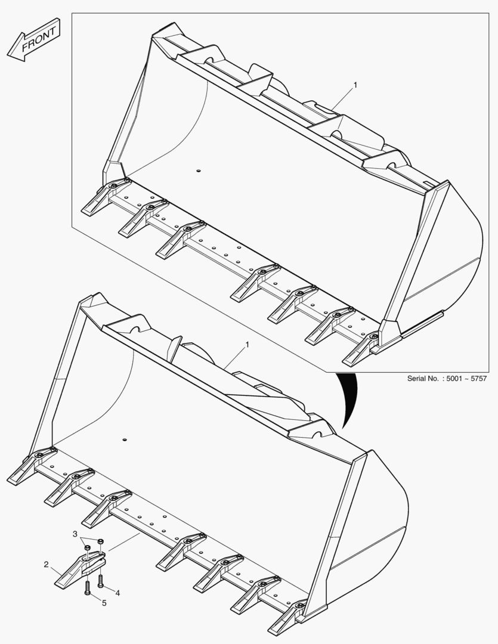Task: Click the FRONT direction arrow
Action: pyautogui.click(x=33, y=40)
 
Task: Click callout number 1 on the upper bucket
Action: pyautogui.click(x=355, y=85)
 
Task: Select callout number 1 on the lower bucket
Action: pyautogui.click(x=247, y=345)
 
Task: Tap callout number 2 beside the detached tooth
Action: pyautogui.click(x=47, y=565)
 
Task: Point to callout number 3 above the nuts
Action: pyautogui.click(x=75, y=534)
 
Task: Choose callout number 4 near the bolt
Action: pyautogui.click(x=117, y=593)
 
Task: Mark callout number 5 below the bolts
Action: pyautogui.click(x=104, y=603)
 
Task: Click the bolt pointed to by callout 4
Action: pyautogui.click(x=100, y=580)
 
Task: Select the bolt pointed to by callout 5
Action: pyautogui.click(x=87, y=588)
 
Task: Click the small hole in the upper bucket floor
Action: pyautogui.click(x=198, y=171)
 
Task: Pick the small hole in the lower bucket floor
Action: pyautogui.click(x=123, y=440)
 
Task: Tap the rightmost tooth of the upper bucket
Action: pyautogui.click(x=361, y=349)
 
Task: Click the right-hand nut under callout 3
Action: pyautogui.click(x=101, y=541)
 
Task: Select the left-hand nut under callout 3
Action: pyautogui.click(x=87, y=548)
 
